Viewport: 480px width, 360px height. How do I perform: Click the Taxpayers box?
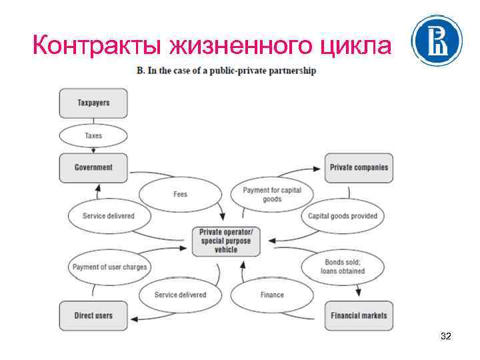click(x=93, y=103)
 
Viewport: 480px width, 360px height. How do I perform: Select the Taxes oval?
click(x=93, y=136)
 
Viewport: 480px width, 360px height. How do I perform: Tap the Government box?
click(x=93, y=168)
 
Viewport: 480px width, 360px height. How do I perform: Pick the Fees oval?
click(x=180, y=194)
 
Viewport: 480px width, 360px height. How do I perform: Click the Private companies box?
click(x=359, y=168)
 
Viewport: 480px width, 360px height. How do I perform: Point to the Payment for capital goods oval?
click(x=272, y=194)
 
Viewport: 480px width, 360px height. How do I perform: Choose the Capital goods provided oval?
click(x=342, y=216)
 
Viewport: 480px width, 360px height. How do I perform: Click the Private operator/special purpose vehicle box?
click(x=226, y=241)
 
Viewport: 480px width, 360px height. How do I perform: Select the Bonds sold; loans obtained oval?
click(x=344, y=267)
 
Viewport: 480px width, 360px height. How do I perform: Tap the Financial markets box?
click(x=359, y=316)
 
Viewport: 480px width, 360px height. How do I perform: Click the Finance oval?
click(x=272, y=295)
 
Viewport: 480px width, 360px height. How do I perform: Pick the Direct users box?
click(x=93, y=316)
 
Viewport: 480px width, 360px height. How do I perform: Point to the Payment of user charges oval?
click(x=109, y=267)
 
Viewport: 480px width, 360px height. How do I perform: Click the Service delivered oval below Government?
click(x=108, y=216)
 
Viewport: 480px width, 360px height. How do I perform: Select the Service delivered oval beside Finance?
click(x=180, y=295)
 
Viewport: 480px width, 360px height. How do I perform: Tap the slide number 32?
click(x=446, y=337)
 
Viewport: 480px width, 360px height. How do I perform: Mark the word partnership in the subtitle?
click(x=291, y=70)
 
